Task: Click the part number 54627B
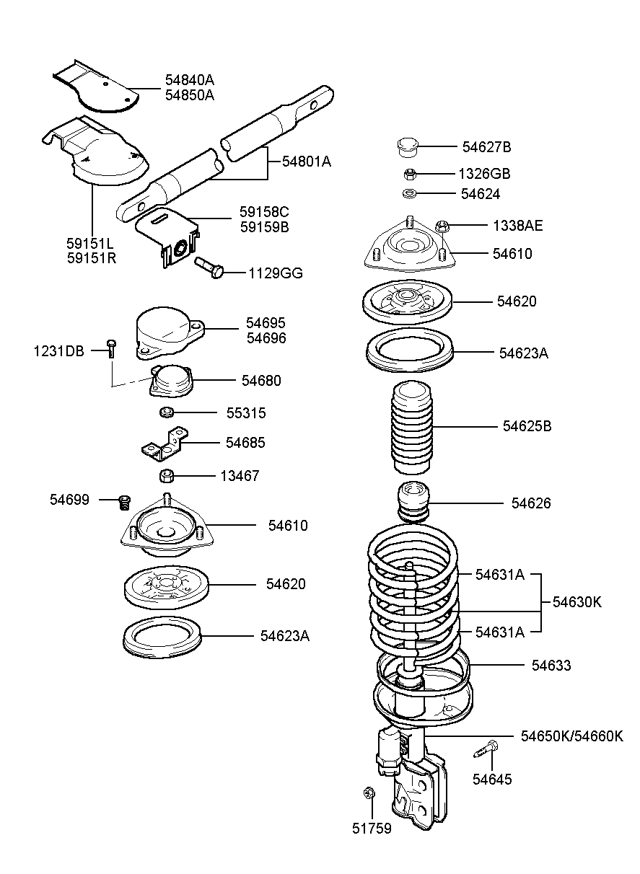(486, 147)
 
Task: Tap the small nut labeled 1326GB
(410, 174)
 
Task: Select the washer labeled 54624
(409, 193)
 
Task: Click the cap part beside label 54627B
(408, 146)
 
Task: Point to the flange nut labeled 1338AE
(442, 226)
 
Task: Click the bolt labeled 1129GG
(209, 267)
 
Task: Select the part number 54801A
(307, 161)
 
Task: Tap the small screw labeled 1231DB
(111, 349)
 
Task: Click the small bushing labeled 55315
(167, 412)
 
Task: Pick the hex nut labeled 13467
(167, 476)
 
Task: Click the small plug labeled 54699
(124, 502)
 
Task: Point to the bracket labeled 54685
(165, 443)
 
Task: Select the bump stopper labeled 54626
(413, 502)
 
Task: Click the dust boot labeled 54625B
(412, 427)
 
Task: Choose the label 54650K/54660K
(572, 736)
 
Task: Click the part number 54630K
(577, 602)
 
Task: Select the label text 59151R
(92, 258)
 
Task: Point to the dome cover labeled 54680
(171, 381)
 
